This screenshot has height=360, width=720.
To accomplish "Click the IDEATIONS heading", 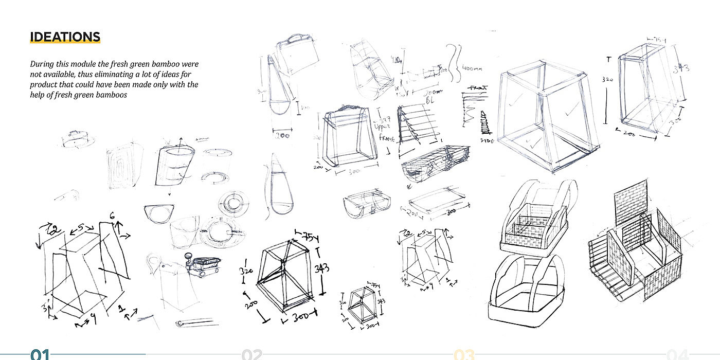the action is (65, 37).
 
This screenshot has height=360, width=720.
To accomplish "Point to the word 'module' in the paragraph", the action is (82, 64).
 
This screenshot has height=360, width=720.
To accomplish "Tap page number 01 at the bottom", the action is (40, 354).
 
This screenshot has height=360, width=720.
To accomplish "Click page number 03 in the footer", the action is (464, 354).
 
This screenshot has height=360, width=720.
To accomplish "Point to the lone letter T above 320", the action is (609, 60).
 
